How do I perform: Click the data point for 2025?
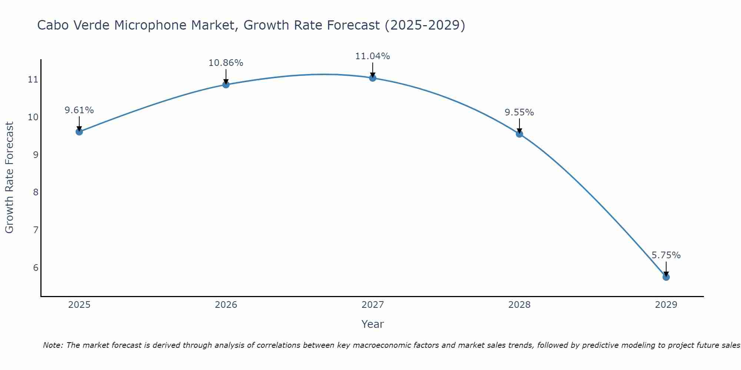tap(79, 132)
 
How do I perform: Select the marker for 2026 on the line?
tap(226, 85)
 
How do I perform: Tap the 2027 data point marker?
tap(372, 78)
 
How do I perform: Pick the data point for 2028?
tap(519, 134)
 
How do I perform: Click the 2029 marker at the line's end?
tap(666, 277)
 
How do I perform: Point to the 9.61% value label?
tap(79, 110)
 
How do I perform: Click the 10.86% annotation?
tap(226, 63)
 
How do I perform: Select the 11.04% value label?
tap(372, 56)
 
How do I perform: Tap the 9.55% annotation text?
tap(519, 112)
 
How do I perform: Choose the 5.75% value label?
tap(666, 255)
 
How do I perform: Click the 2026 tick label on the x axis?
tap(226, 305)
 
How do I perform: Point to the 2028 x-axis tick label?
tap(519, 305)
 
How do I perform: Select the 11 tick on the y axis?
tap(33, 80)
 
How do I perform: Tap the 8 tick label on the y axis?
tap(36, 192)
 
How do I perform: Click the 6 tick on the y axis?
tap(36, 268)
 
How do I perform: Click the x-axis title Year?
tap(372, 324)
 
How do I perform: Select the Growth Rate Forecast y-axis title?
tap(9, 178)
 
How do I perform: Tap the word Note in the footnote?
tap(53, 345)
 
